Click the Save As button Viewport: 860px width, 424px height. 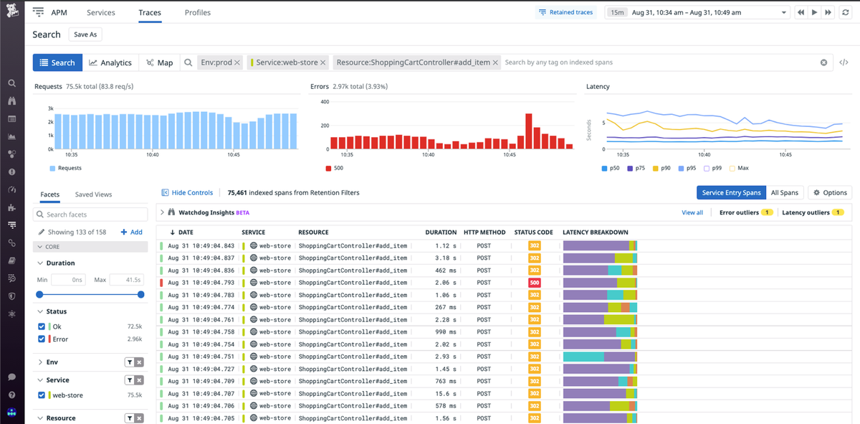coord(85,34)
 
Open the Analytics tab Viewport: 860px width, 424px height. coord(110,62)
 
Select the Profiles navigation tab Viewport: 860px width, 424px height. coord(198,12)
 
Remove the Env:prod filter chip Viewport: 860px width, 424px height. coord(237,62)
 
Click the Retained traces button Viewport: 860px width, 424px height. coord(566,12)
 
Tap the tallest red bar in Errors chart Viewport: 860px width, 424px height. coord(529,131)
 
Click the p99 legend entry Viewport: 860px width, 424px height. coord(712,168)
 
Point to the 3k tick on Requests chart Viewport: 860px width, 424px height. coord(50,108)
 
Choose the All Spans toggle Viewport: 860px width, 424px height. coord(784,192)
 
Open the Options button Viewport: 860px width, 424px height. coord(830,192)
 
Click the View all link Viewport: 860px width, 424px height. coord(692,212)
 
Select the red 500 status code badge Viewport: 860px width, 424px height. coord(535,283)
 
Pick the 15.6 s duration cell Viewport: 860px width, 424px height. coord(446,393)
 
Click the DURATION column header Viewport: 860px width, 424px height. coord(441,232)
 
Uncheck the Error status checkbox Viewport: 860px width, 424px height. coord(42,339)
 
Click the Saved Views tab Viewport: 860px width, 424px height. coord(93,194)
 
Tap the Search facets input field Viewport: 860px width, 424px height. coord(90,215)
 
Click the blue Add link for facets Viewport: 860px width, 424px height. coord(131,232)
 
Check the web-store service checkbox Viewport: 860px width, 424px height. coord(42,395)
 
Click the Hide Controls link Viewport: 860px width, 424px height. coord(187,192)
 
